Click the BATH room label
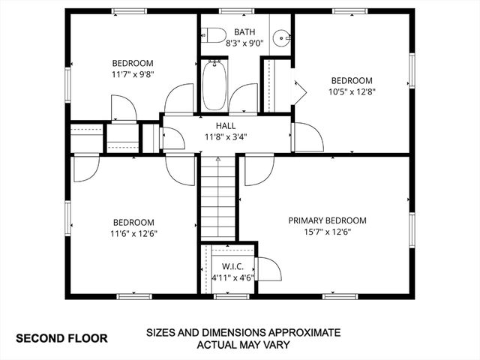coord(244,32)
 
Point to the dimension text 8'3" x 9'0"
coord(244,43)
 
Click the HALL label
coord(226,126)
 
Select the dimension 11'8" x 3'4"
coord(226,137)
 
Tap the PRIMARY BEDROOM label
coord(328,220)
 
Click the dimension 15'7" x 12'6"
coord(328,232)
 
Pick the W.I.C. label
coord(232,266)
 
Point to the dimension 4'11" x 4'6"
coord(232,277)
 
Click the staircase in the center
coord(217,199)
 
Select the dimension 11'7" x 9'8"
coord(133,74)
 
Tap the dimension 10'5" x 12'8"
coord(352,91)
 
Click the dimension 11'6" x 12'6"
coord(133,233)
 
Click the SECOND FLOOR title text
coord(61,338)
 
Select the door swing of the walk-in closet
coord(268,269)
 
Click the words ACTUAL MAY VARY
coord(243,346)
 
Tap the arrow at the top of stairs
coord(217,159)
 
